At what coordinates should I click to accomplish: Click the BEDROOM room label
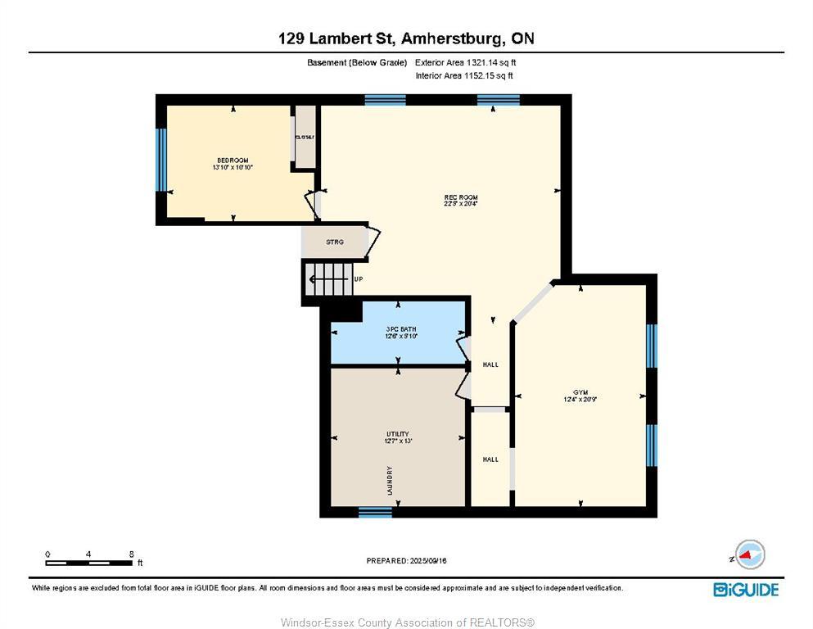click(233, 161)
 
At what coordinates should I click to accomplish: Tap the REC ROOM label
click(461, 198)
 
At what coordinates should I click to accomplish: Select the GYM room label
click(581, 392)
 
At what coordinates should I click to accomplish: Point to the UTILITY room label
click(398, 434)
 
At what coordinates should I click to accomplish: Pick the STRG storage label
click(334, 242)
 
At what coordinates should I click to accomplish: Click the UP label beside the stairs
click(359, 279)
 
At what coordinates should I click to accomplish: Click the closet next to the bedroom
click(305, 137)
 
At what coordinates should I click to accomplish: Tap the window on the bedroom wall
click(161, 159)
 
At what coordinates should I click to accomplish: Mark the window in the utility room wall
click(375, 512)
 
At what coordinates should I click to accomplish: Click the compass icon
click(749, 554)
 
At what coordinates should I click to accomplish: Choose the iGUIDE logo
click(745, 589)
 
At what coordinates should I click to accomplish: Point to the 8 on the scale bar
click(132, 554)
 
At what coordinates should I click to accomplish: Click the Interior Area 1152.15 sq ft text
click(465, 76)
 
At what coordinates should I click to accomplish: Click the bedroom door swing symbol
click(312, 205)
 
